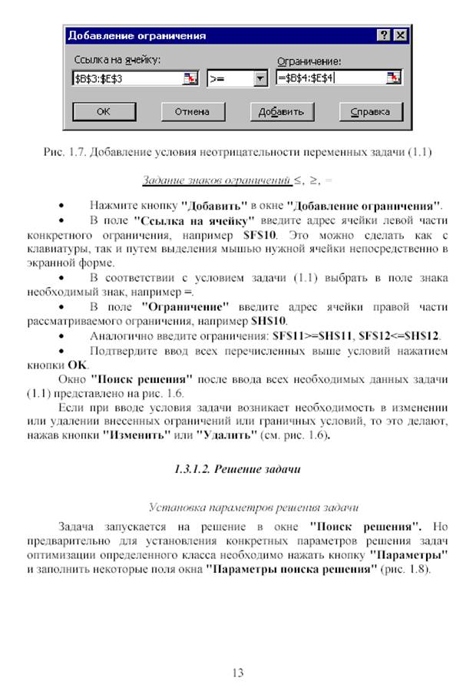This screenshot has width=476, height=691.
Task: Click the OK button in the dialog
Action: pos(104,111)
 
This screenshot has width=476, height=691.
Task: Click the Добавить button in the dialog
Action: pos(281,111)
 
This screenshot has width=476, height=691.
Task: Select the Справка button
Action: pos(370,111)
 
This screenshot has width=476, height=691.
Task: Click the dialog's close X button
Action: pos(399,35)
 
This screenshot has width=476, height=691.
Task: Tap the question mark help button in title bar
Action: pos(384,35)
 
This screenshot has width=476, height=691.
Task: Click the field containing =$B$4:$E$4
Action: pos(330,78)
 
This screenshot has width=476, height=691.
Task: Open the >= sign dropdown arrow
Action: pos(259,78)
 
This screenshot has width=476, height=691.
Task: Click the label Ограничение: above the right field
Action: pos(308,61)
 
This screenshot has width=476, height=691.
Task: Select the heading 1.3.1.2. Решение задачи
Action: pos(237,468)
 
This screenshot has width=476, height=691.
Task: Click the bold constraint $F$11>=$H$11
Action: pos(313,336)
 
